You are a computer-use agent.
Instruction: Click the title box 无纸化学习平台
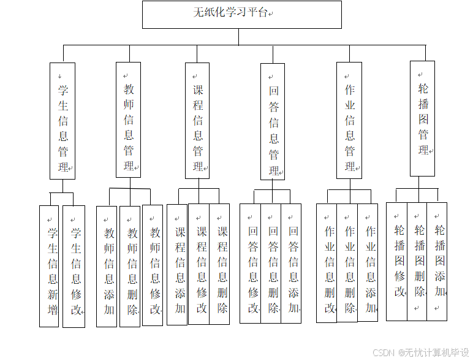[x=241, y=14]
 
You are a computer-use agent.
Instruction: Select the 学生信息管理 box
[x=62, y=121]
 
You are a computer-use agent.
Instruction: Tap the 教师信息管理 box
[x=128, y=120]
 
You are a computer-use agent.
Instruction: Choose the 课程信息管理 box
[x=197, y=120]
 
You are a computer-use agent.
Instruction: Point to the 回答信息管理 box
[x=273, y=121]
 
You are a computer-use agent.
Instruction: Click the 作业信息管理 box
[x=349, y=120]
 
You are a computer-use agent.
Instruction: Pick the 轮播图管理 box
[x=423, y=118]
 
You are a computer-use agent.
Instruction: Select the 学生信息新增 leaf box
[x=49, y=265]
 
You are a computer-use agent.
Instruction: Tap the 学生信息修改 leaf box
[x=74, y=266]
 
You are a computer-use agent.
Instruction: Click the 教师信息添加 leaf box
[x=107, y=266]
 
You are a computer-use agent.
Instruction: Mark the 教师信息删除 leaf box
[x=130, y=266]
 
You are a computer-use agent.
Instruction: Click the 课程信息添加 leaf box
[x=177, y=264]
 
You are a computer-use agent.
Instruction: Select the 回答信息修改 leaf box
[x=250, y=263]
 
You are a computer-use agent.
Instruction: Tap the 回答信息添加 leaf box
[x=291, y=263]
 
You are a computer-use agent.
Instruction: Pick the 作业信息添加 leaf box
[x=368, y=263]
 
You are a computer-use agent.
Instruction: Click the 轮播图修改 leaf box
[x=396, y=261]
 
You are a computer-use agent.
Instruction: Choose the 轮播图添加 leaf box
[x=437, y=261]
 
